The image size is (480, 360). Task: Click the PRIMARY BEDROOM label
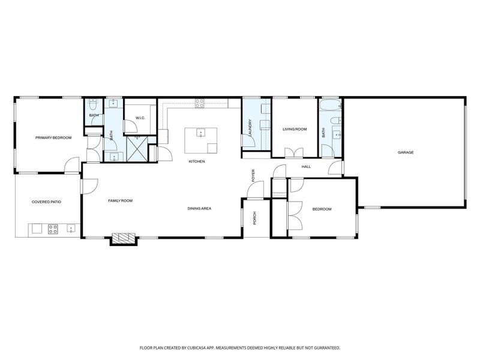pyautogui.click(x=53, y=138)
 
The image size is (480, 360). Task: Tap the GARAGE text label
pyautogui.click(x=406, y=152)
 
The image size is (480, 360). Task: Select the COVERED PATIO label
pyautogui.click(x=47, y=202)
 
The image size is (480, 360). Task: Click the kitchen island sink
pyautogui.click(x=200, y=133)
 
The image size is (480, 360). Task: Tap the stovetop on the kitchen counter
pyautogui.click(x=199, y=101)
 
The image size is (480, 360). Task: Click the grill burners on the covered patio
pyautogui.click(x=52, y=229)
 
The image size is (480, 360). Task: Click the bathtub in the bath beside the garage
pyautogui.click(x=330, y=106)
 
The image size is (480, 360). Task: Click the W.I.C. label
pyautogui.click(x=141, y=118)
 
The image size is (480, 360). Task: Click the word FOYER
pyautogui.click(x=253, y=175)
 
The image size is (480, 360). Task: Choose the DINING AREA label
pyautogui.click(x=199, y=208)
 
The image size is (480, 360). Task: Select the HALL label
pyautogui.click(x=306, y=167)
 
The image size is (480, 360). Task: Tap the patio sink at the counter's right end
pyautogui.click(x=71, y=229)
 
